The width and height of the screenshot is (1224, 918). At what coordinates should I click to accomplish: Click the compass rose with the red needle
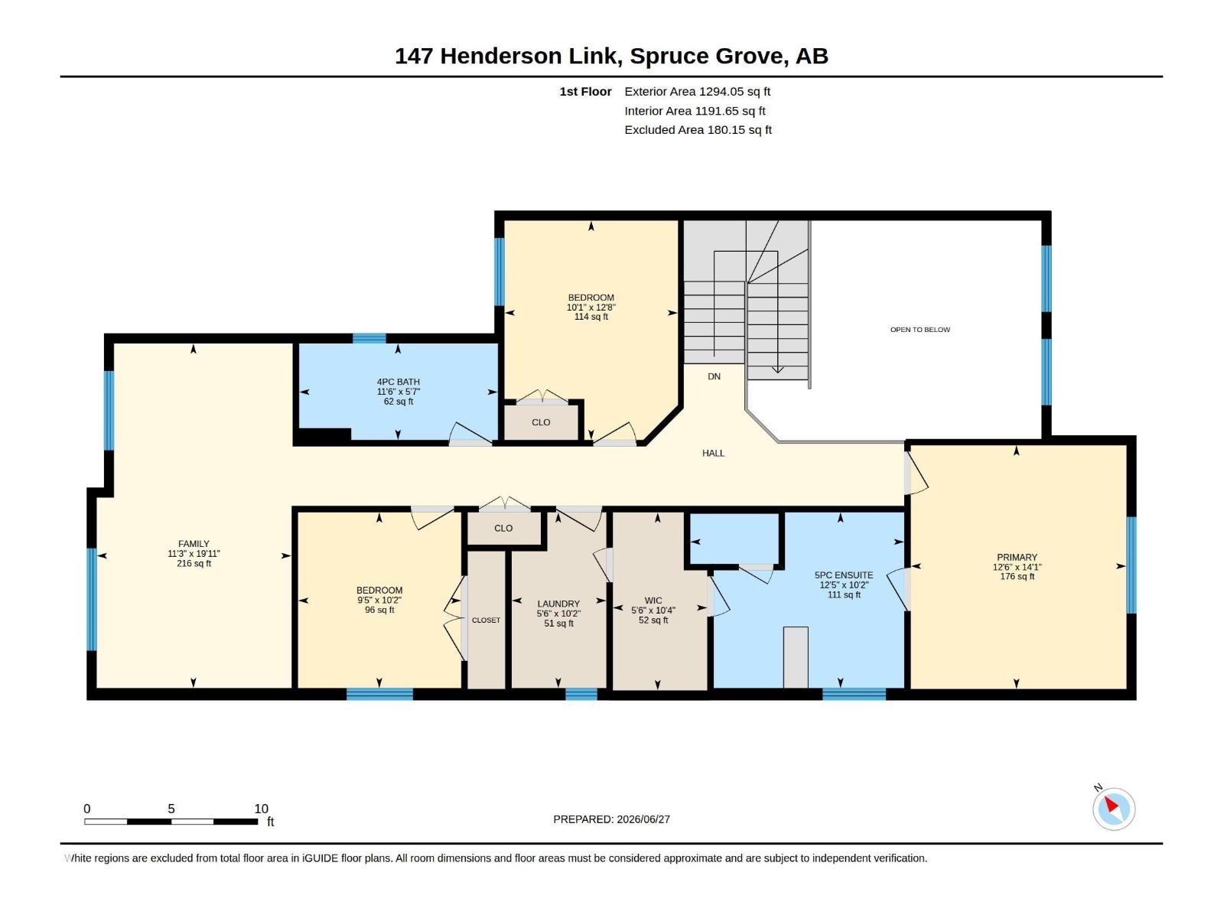pyautogui.click(x=1113, y=809)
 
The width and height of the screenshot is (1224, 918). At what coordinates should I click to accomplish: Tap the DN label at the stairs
pyautogui.click(x=714, y=377)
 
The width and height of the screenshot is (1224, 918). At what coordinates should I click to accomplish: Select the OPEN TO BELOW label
pyautogui.click(x=920, y=330)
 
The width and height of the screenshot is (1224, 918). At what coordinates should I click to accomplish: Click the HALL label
pyautogui.click(x=713, y=453)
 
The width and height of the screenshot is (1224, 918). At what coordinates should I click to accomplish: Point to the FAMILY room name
pyautogui.click(x=194, y=543)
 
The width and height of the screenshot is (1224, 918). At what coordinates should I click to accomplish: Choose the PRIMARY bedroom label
pyautogui.click(x=1017, y=557)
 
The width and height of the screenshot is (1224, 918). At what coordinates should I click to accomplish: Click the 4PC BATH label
pyautogui.click(x=398, y=382)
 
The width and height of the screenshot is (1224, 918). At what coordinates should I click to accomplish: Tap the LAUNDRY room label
pyautogui.click(x=558, y=604)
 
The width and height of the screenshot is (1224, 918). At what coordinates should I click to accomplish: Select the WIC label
pyautogui.click(x=653, y=601)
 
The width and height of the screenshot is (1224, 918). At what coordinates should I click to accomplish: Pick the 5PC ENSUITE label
pyautogui.click(x=844, y=575)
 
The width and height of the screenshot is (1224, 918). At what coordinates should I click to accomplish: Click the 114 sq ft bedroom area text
pyautogui.click(x=591, y=317)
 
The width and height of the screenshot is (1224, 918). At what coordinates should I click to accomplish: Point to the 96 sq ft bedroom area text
pyautogui.click(x=379, y=610)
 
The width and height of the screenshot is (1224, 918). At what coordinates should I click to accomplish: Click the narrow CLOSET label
pyautogui.click(x=486, y=620)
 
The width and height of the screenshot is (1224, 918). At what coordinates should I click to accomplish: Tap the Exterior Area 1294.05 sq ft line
pyautogui.click(x=697, y=91)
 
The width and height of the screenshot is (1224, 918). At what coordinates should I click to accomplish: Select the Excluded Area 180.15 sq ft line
pyautogui.click(x=698, y=130)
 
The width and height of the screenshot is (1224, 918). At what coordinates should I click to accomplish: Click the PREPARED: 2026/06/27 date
pyautogui.click(x=611, y=819)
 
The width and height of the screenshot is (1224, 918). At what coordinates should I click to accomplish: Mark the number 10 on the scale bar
pyautogui.click(x=261, y=809)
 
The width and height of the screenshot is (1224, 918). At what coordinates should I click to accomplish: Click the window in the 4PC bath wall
pyautogui.click(x=369, y=338)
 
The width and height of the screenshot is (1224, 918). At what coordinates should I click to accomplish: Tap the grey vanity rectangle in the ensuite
pyautogui.click(x=796, y=657)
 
